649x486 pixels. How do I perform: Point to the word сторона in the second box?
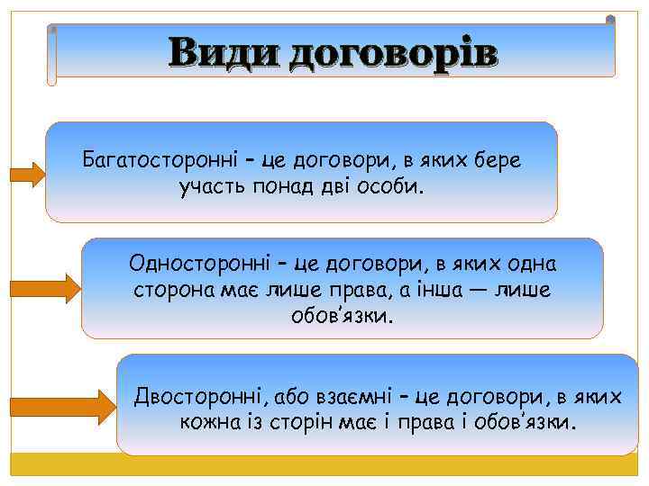[x=171, y=291]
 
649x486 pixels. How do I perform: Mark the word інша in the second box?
[x=430, y=291]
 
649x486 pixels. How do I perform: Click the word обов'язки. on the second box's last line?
[x=343, y=317]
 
